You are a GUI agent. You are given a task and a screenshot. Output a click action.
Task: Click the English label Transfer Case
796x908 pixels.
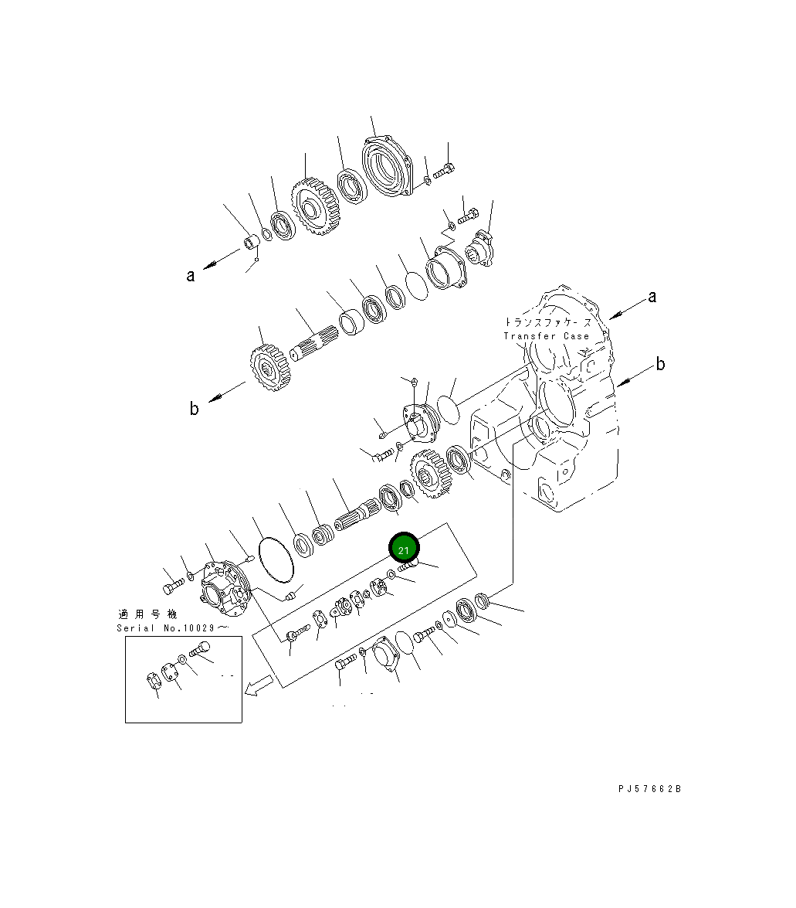(x=546, y=336)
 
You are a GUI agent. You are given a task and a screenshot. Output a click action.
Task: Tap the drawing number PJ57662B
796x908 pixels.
(x=649, y=789)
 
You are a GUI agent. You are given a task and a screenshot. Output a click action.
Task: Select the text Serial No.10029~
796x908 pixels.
(x=172, y=627)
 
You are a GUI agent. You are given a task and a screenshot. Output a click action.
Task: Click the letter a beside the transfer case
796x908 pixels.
(x=652, y=296)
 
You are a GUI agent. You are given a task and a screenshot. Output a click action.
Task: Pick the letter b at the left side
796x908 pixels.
(x=194, y=409)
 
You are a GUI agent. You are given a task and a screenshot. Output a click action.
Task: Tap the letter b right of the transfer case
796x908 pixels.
(x=660, y=364)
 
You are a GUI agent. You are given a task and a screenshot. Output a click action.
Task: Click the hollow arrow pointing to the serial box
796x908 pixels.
(x=259, y=685)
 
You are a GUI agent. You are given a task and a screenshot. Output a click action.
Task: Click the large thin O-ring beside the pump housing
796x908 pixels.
(x=278, y=558)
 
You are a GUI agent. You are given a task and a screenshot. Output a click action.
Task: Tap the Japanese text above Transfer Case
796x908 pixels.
(x=547, y=321)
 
